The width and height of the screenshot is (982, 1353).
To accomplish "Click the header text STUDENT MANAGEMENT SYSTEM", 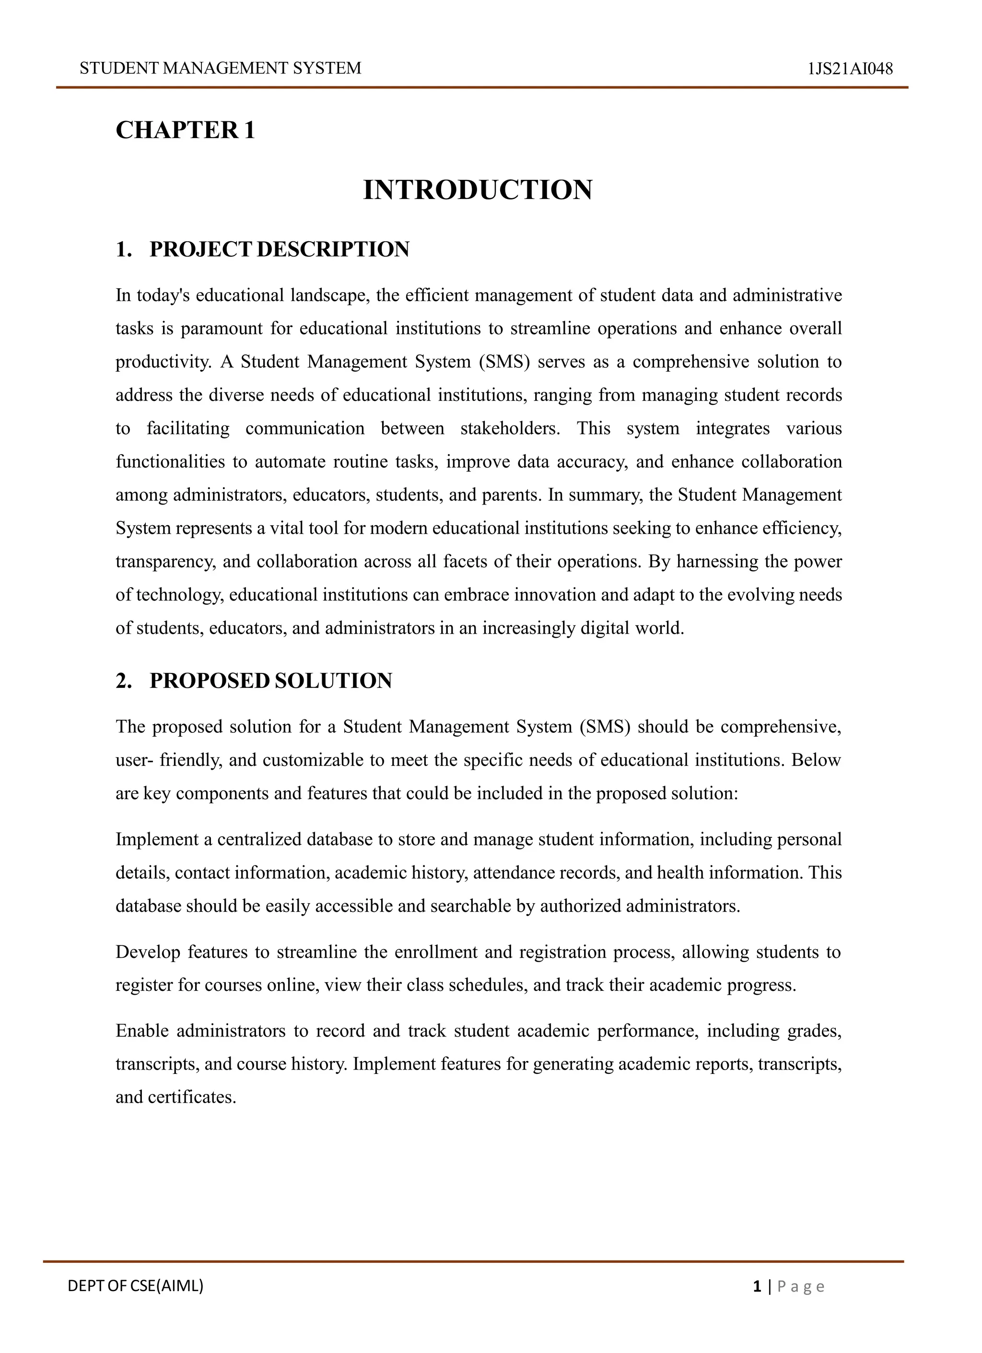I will [220, 69].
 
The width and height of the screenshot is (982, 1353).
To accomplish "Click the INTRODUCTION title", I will [478, 190].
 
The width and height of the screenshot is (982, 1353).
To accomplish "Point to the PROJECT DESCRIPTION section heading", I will [279, 249].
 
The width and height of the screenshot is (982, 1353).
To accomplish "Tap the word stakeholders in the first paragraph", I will [510, 428].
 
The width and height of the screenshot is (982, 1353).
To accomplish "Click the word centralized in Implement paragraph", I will [259, 839].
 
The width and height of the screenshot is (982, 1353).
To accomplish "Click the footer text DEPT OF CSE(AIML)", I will [135, 1286].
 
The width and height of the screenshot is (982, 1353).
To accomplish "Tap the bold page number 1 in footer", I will [757, 1287].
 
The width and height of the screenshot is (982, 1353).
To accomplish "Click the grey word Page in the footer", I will [800, 1287].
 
